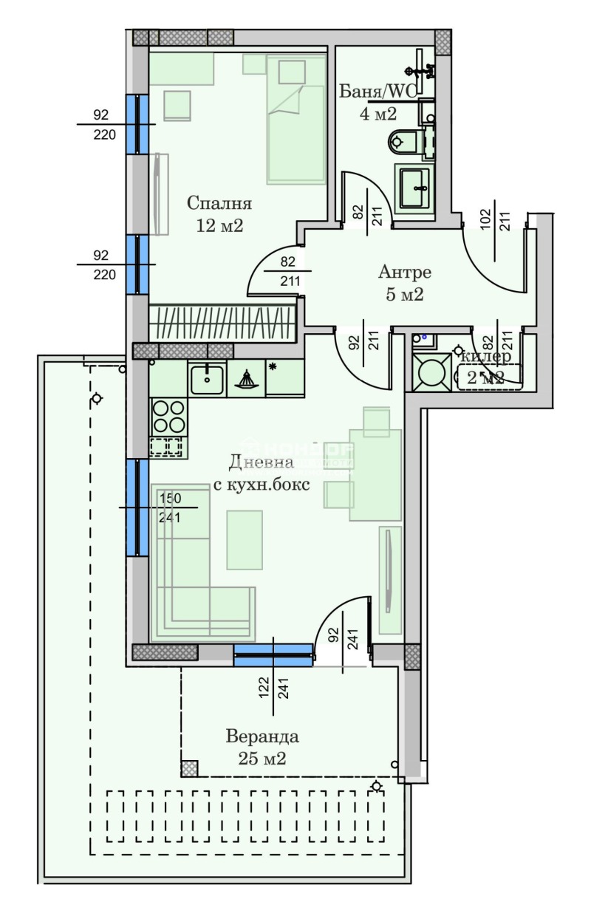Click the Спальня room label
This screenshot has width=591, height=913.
(219, 203)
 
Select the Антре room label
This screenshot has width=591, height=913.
(405, 272)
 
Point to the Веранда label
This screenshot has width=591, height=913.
(262, 736)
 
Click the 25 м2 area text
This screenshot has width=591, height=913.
(262, 758)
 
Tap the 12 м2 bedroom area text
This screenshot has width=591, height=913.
(219, 225)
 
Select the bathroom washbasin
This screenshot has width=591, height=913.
(414, 188)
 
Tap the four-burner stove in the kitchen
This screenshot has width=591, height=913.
(168, 416)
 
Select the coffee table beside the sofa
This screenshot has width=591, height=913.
(244, 540)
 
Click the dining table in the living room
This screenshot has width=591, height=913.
(375, 473)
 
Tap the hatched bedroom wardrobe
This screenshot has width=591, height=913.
(222, 323)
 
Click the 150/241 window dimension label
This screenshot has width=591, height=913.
(171, 507)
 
